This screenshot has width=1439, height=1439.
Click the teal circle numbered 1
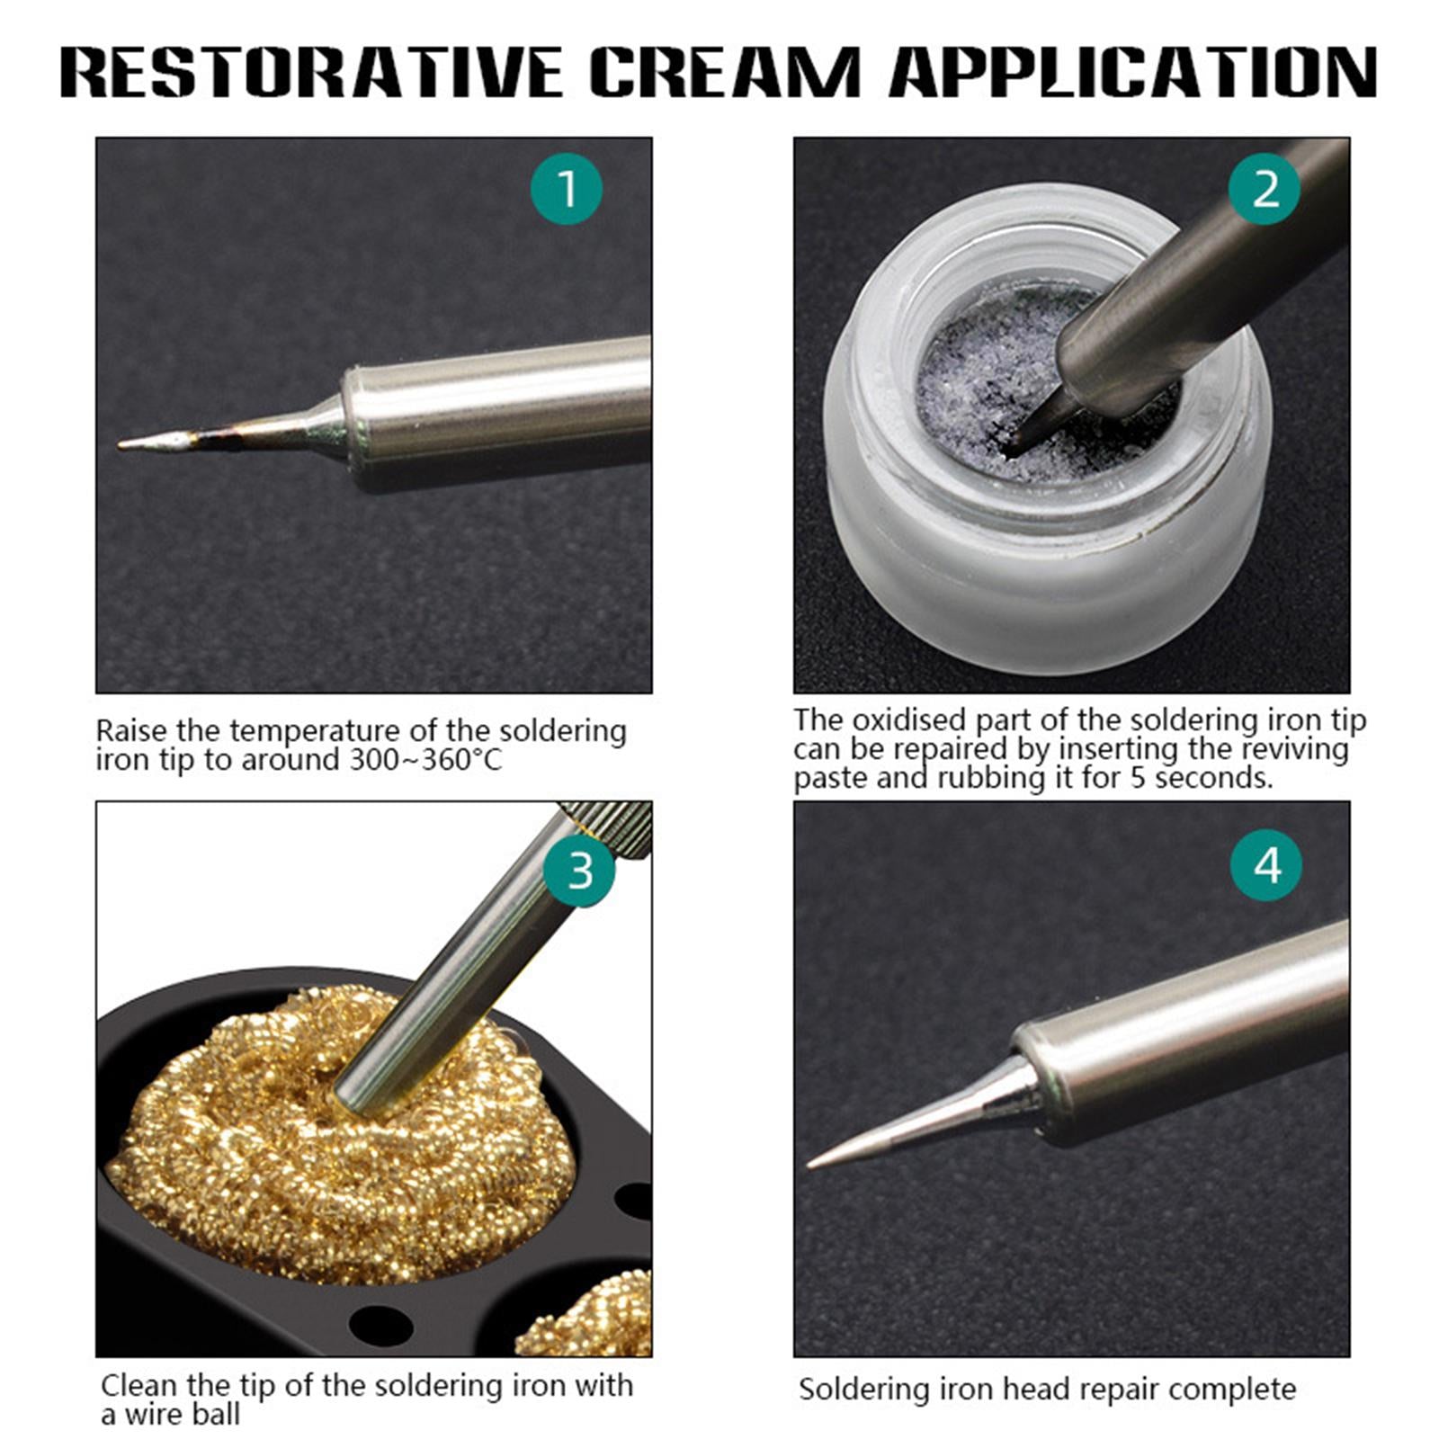pos(566,190)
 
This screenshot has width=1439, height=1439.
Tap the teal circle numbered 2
pos(1265,190)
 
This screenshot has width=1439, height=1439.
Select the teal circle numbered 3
pos(580,871)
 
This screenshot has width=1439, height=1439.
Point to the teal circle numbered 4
pos(1266,866)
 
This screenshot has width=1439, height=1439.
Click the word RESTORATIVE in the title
pos(311,71)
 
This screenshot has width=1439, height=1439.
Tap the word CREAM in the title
pos(725,71)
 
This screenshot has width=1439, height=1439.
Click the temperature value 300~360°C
pos(425,760)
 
